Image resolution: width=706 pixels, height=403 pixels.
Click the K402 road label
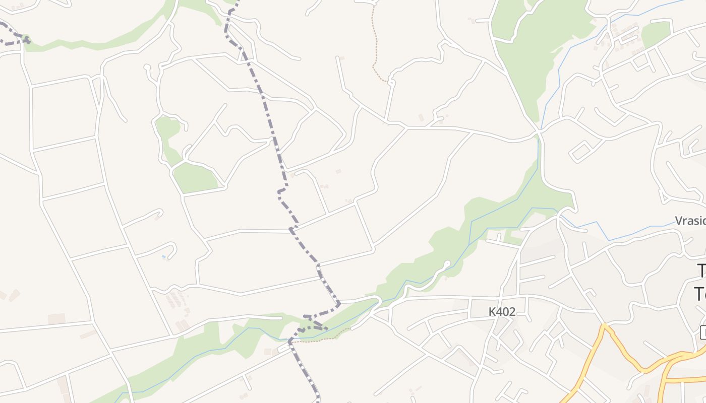pos(502,312)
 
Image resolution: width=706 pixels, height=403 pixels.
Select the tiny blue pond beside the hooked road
pos(163,257)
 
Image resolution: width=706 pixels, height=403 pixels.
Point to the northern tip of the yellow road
pos(603,326)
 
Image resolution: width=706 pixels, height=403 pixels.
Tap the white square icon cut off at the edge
pos(703,332)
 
